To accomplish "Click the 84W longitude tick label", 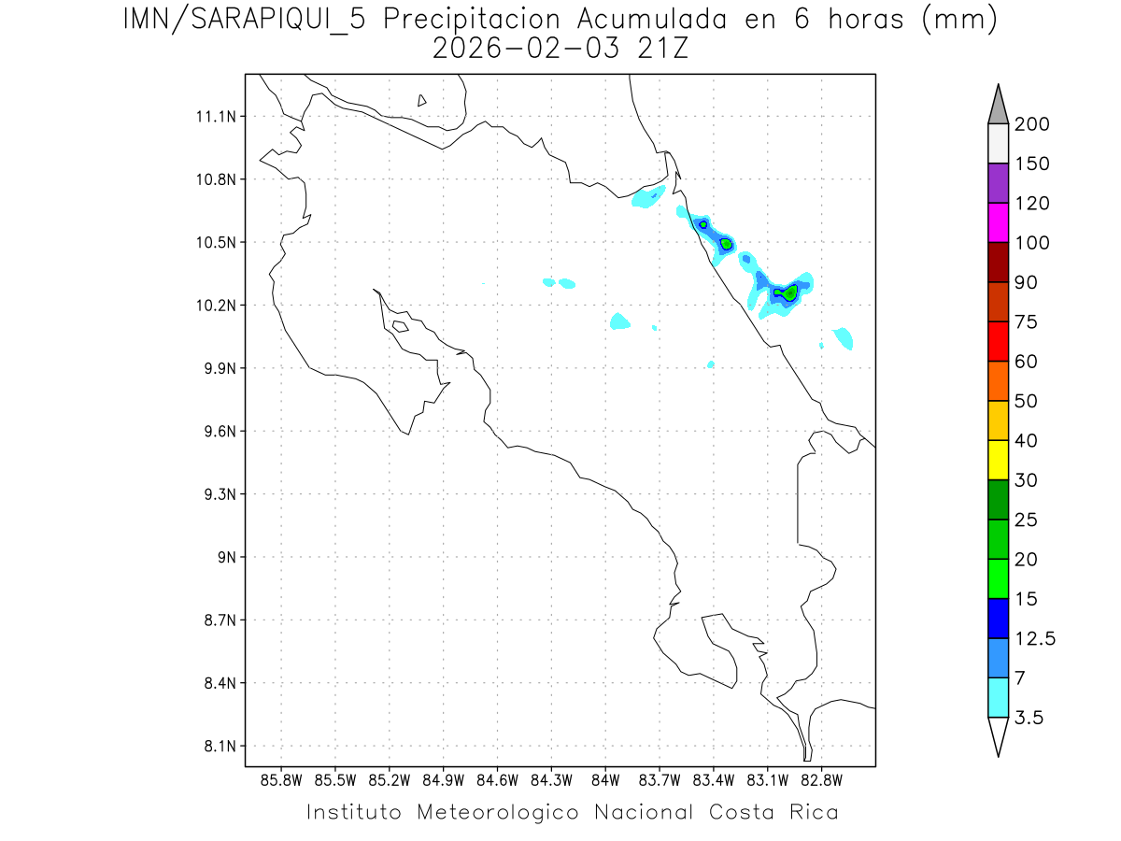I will tap(605, 778).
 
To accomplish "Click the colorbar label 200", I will tap(1031, 124).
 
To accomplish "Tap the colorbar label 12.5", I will tap(1035, 638).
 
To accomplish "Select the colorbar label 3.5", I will tap(1030, 718).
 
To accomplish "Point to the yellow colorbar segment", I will tap(998, 460).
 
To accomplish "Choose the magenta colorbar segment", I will tap(998, 222).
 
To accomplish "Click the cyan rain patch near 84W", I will tap(619, 321).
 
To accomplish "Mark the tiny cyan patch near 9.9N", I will tap(711, 364).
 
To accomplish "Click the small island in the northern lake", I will tap(422, 100).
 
